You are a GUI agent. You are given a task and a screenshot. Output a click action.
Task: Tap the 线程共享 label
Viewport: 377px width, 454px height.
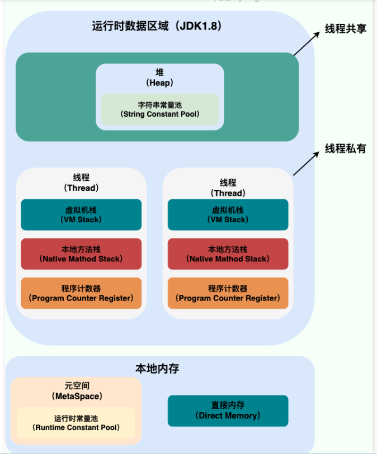(x=346, y=29)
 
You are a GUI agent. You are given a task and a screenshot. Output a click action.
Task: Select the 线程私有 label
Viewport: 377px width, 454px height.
(x=346, y=149)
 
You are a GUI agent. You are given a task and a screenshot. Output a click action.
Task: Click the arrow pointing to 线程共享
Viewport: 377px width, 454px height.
(x=307, y=44)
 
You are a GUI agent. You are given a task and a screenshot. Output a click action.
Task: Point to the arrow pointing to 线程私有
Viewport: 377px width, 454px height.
(x=307, y=163)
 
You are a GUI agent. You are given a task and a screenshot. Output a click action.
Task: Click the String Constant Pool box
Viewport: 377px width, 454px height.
(x=160, y=109)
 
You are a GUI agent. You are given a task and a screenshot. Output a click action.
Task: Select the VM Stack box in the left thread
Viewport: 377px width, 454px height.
(x=81, y=215)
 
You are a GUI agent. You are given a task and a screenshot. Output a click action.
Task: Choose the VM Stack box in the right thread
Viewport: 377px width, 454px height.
(x=228, y=215)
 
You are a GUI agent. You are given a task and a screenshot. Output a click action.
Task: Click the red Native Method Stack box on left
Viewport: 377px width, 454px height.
(x=81, y=254)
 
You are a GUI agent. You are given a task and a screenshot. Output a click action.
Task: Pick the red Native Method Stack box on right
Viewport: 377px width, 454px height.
(x=228, y=254)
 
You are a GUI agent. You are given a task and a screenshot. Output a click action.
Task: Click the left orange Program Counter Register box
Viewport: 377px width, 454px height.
(x=81, y=293)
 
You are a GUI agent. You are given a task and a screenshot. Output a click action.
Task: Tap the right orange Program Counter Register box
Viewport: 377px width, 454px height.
(x=228, y=293)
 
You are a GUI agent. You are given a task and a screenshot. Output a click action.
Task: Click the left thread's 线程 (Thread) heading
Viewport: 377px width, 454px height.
(x=81, y=183)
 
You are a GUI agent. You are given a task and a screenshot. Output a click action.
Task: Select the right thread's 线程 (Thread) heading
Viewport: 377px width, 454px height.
(x=228, y=188)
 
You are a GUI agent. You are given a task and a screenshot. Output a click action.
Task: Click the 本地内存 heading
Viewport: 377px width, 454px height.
(x=157, y=369)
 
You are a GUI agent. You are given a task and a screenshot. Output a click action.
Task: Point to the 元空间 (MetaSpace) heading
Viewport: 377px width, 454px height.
(x=76, y=391)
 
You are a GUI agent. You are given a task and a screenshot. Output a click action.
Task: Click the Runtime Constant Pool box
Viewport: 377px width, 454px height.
(x=76, y=423)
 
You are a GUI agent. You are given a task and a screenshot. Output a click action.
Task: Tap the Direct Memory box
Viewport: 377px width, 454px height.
(x=228, y=410)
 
